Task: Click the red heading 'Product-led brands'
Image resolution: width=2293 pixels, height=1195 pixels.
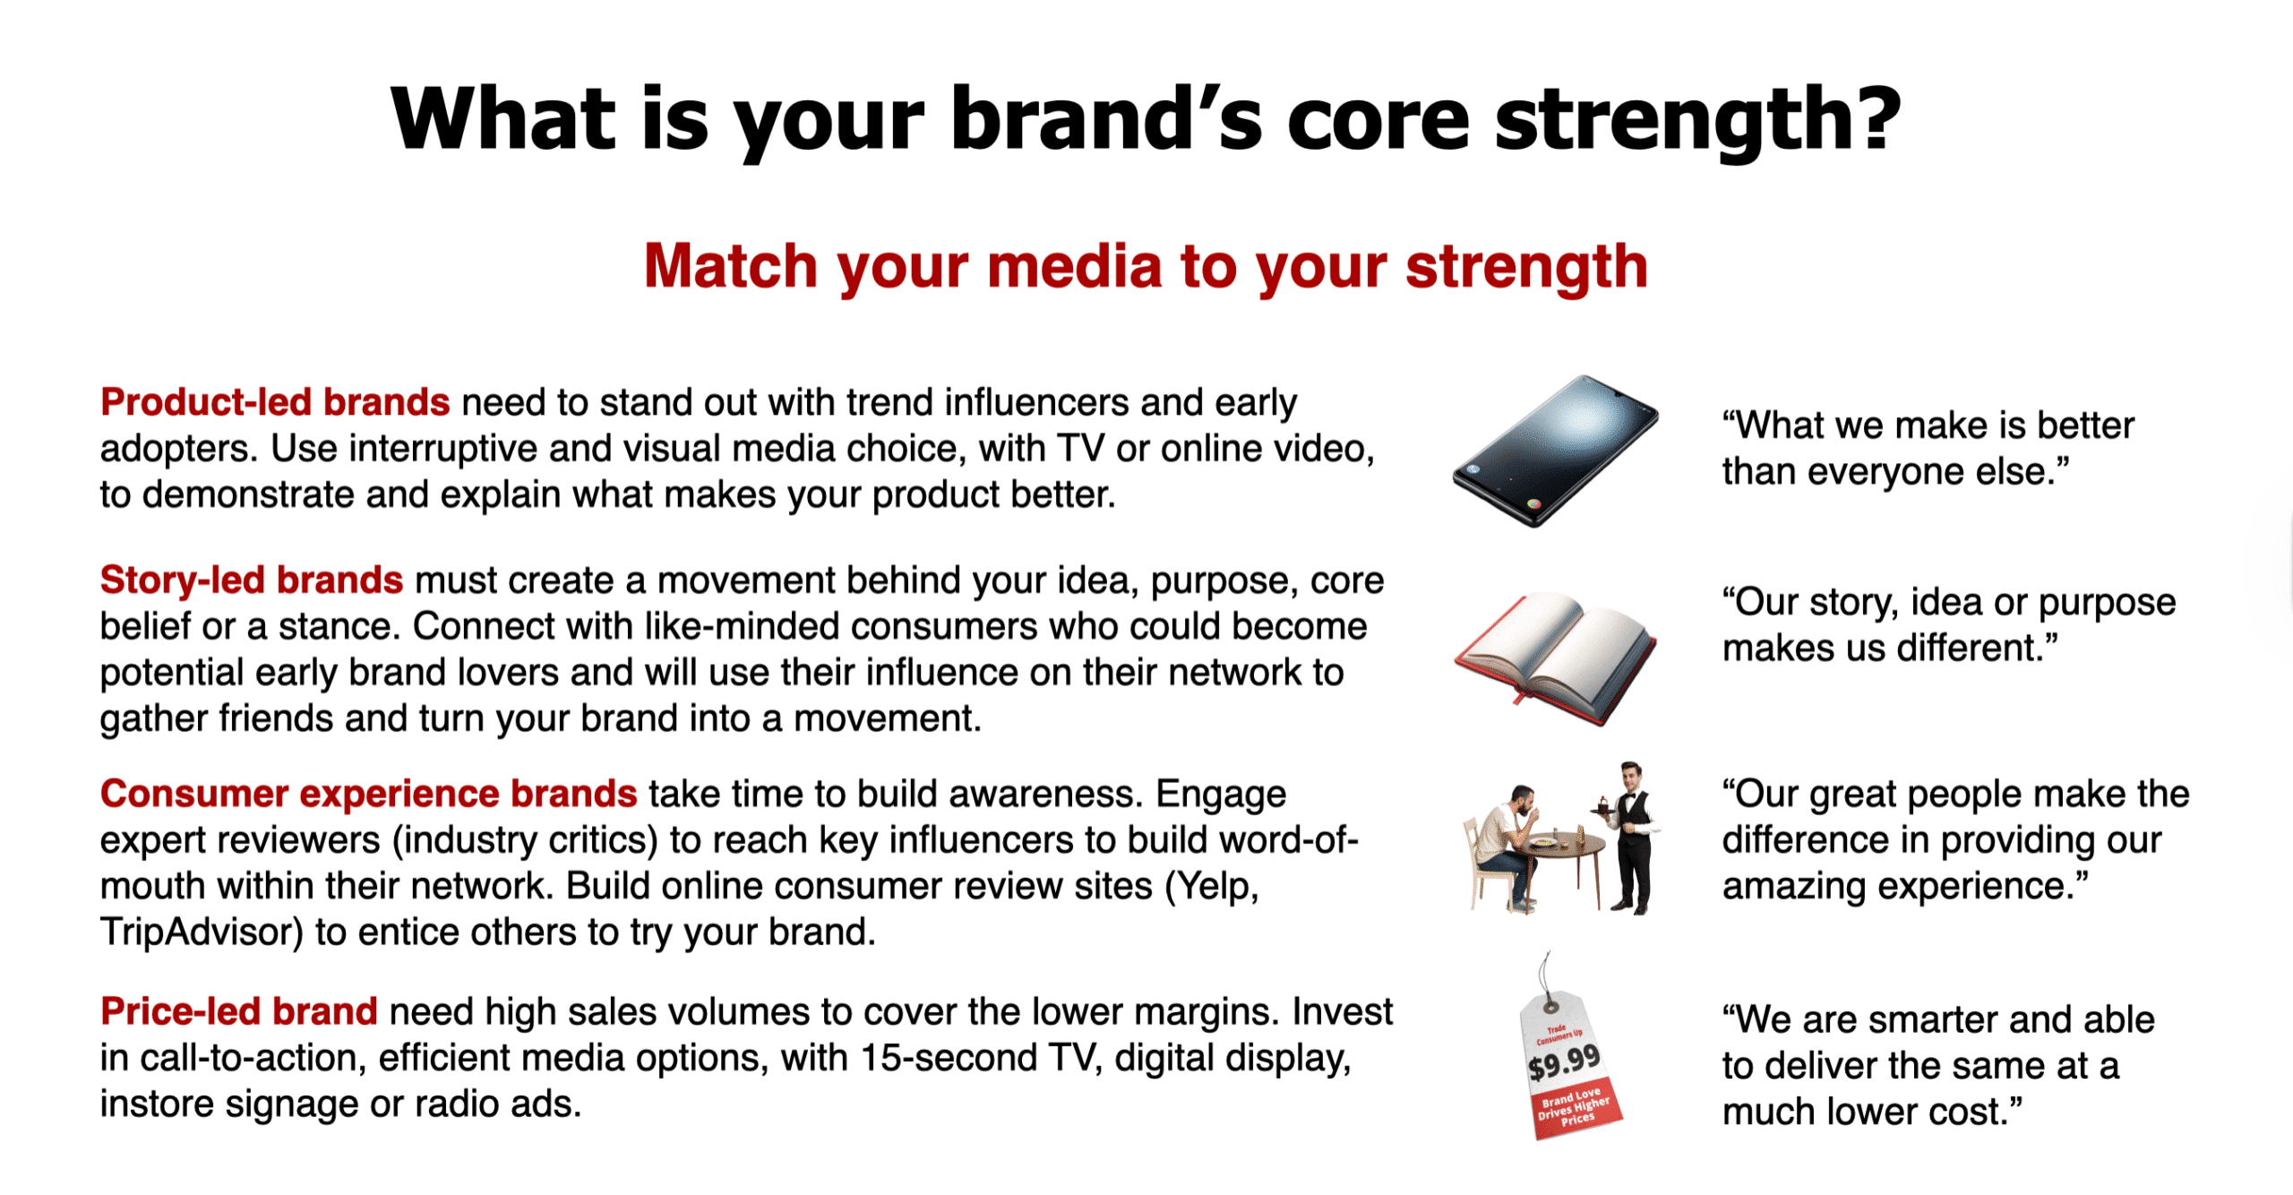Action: click(x=275, y=402)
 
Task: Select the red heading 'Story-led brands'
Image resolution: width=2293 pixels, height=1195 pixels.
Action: click(x=252, y=580)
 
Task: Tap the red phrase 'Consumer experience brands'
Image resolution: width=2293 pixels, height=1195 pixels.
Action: click(x=368, y=794)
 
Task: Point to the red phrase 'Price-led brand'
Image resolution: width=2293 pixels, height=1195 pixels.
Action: click(x=239, y=1011)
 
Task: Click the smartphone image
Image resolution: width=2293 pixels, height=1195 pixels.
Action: click(x=1555, y=451)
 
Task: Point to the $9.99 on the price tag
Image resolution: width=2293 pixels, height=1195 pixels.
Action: click(x=1564, y=1063)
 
